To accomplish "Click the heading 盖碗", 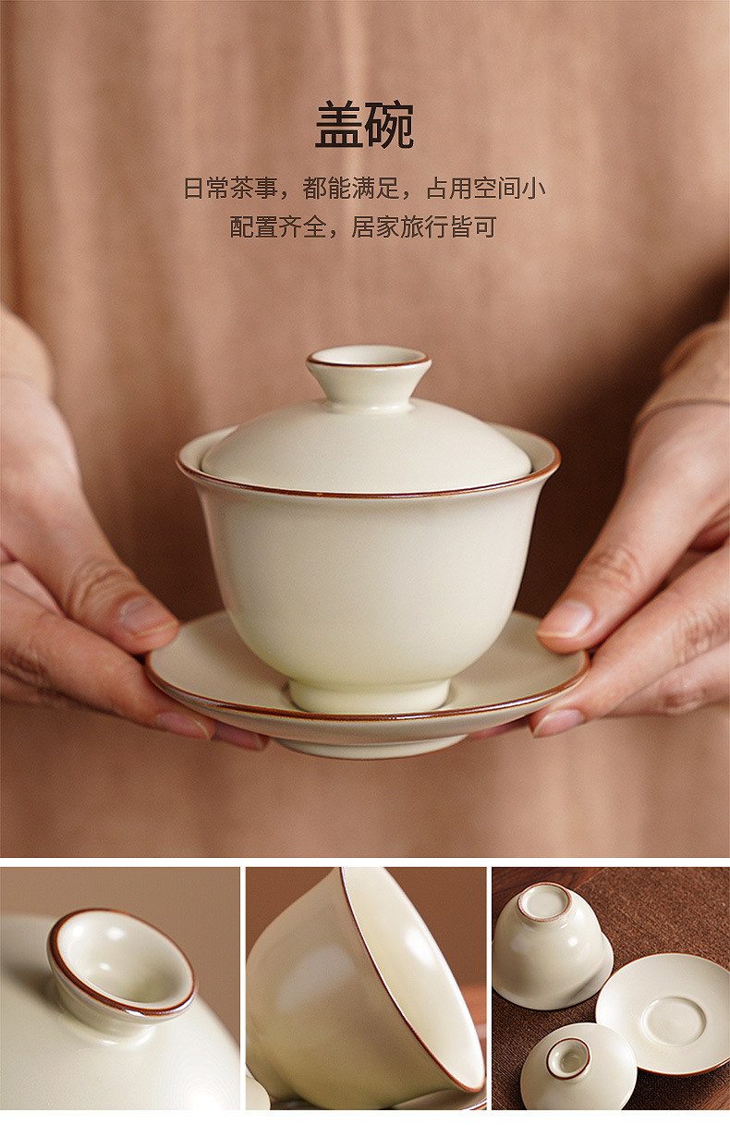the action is tap(364, 125).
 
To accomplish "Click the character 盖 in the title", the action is tap(339, 125).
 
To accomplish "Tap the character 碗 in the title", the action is tap(390, 125).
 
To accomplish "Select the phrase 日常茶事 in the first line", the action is tap(230, 188).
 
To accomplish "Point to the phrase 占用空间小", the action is tap(486, 188).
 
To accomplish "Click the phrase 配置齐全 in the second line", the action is tap(278, 227).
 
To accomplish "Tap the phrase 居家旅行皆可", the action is tap(424, 227).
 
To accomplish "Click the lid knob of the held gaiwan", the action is tap(369, 378).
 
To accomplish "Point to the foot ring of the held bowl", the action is tap(370, 695).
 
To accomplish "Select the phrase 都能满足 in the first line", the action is tap(350, 188).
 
